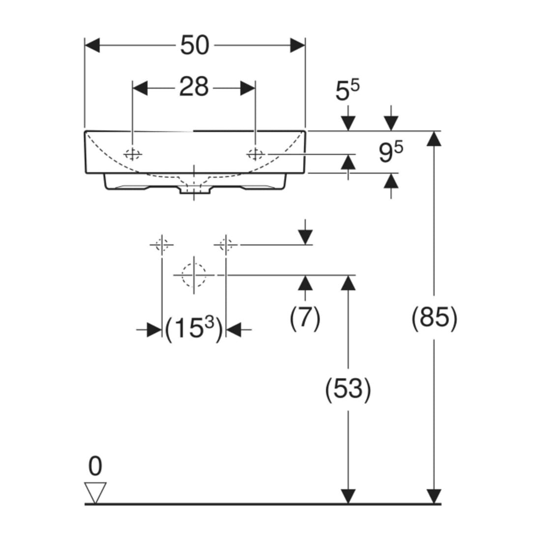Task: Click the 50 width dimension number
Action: point(195,45)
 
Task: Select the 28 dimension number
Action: point(194,87)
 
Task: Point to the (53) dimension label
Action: point(348,389)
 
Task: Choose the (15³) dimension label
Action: point(194,329)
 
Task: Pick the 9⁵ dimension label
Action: point(391,153)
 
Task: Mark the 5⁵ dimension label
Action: point(347,90)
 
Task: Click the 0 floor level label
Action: point(95,466)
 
